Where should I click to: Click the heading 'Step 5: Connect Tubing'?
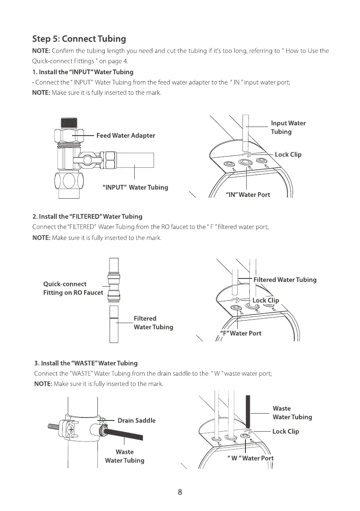point(79,39)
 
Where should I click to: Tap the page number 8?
point(180,492)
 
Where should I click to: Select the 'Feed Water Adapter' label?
point(126,136)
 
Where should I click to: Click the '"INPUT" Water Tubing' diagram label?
point(135,187)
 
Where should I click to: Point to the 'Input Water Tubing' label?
point(288,127)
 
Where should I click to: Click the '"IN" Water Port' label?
point(248,195)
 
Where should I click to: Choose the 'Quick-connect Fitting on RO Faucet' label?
point(73,288)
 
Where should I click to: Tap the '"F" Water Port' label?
point(240,333)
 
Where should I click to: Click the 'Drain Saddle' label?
point(136,420)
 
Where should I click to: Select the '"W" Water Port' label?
point(250,458)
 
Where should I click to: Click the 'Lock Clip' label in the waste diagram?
point(285,432)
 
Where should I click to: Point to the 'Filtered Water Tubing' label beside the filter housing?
point(285,280)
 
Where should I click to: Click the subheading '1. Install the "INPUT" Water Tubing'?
point(83,72)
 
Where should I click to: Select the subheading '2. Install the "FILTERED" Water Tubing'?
point(88,216)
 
